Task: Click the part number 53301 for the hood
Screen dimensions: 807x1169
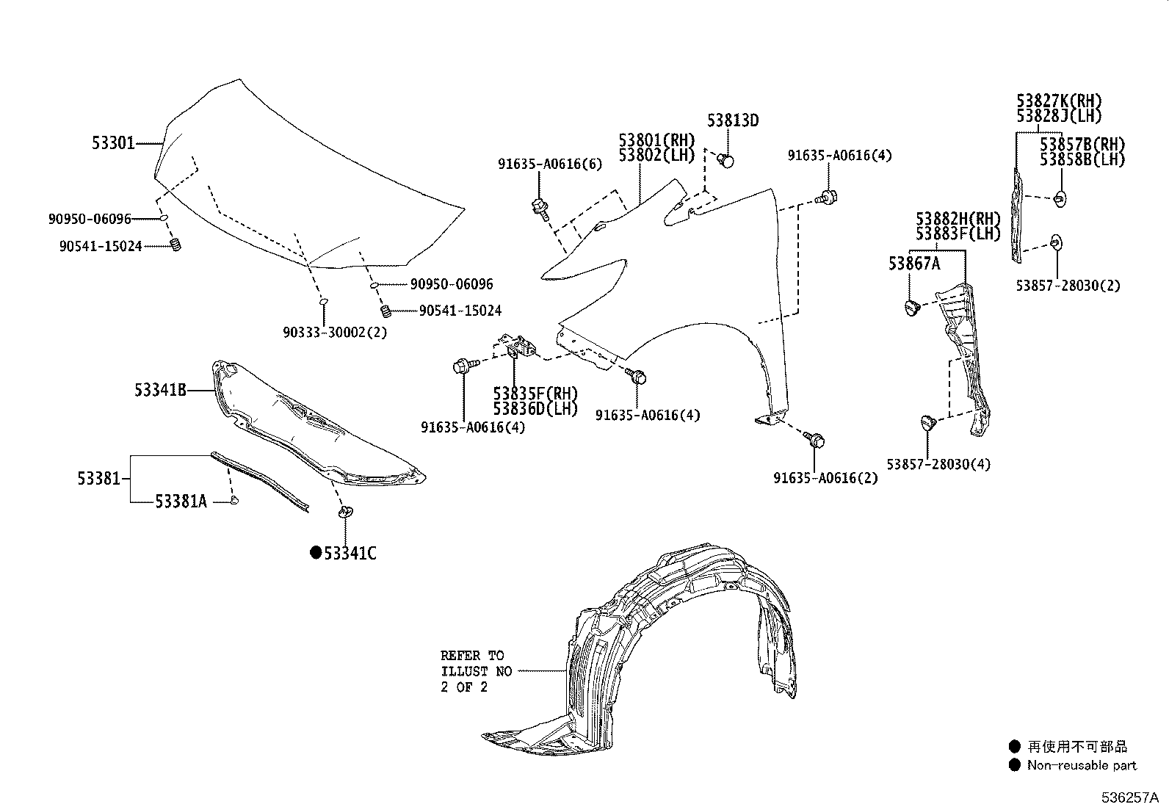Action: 113,143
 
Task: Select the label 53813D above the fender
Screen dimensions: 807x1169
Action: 732,121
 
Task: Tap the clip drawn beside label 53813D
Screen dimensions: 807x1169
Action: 726,159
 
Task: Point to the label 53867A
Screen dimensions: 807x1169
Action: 913,264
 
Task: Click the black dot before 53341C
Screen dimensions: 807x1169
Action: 316,553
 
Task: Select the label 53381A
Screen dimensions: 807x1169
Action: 181,502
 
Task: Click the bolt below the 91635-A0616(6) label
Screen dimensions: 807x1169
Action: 540,207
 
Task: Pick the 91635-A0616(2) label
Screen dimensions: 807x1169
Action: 825,478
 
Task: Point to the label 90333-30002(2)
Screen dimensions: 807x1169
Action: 334,332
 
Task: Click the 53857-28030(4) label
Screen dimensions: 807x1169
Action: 938,464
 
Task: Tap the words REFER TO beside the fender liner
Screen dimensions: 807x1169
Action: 471,656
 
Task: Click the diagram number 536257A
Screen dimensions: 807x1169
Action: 1129,797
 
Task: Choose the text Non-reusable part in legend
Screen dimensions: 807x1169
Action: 1081,765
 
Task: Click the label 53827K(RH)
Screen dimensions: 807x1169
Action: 1059,101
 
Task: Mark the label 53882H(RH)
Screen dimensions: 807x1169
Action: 958,219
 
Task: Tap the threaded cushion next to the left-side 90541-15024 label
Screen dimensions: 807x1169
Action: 175,245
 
